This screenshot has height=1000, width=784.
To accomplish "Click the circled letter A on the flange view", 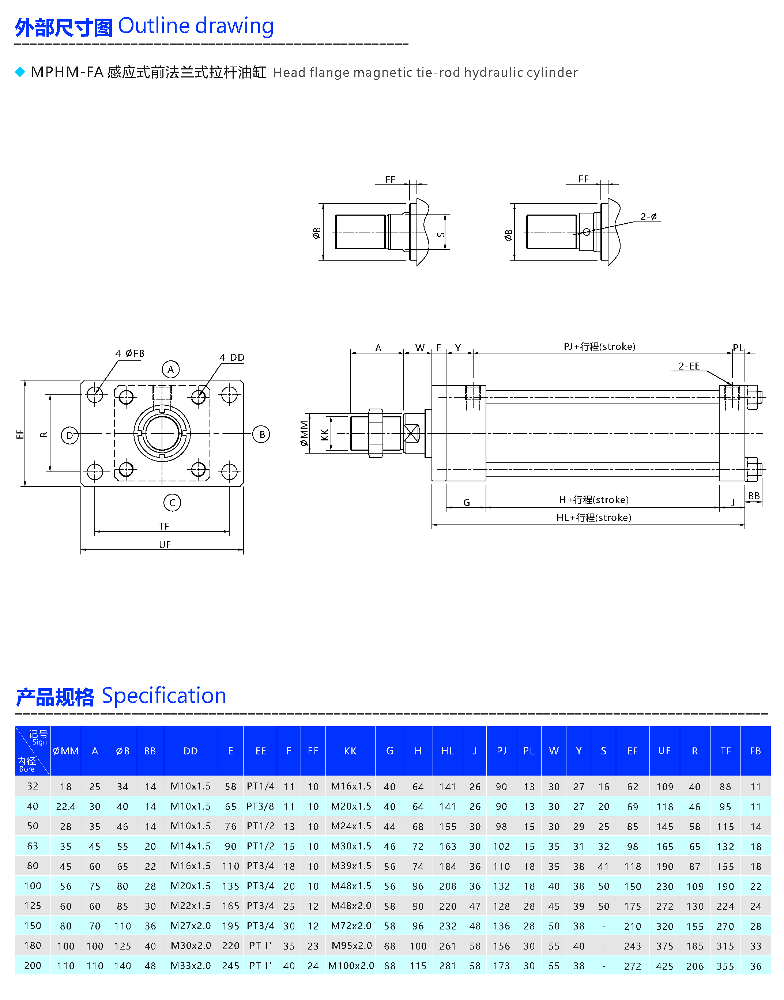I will [x=171, y=369].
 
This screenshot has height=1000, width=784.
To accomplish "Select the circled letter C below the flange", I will [x=172, y=503].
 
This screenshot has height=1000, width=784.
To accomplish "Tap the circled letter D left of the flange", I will [x=70, y=435].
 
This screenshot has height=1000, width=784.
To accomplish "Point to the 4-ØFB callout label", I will [x=130, y=353].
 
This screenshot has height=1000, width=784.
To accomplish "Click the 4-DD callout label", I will [x=232, y=357].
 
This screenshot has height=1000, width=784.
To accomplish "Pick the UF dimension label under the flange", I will [x=165, y=545].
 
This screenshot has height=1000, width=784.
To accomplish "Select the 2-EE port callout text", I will [x=689, y=366].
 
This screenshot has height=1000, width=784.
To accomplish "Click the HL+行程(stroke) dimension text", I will [x=593, y=518].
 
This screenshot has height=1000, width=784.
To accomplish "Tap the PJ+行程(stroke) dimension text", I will [x=599, y=346].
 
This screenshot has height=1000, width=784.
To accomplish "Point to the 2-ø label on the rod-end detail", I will [x=649, y=216].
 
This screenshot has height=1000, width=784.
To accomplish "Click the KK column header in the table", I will [x=350, y=751].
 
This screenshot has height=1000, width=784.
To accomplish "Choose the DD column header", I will [x=191, y=751].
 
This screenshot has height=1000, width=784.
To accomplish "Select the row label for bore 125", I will [x=33, y=906].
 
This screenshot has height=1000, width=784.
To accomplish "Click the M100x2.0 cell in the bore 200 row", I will [x=351, y=966].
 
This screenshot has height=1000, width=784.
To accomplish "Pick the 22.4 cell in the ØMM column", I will [x=66, y=806].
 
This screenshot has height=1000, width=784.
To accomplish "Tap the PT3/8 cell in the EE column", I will [x=260, y=806].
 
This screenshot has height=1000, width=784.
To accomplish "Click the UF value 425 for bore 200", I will [x=665, y=966].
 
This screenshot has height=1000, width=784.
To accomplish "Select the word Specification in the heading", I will [x=164, y=696].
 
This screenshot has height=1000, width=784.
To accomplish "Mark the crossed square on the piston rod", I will [x=412, y=433].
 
